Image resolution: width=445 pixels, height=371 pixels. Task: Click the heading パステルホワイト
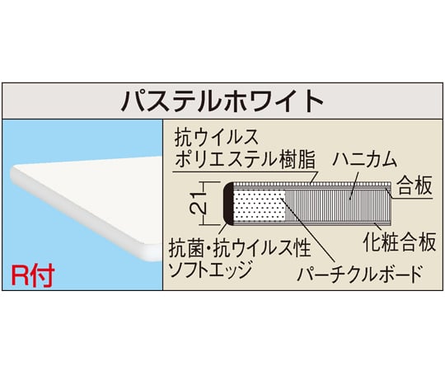(222, 101)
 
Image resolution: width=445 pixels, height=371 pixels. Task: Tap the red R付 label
(33, 276)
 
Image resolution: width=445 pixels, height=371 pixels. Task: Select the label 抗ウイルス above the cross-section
(216, 138)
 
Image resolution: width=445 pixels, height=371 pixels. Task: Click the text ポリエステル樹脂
(246, 159)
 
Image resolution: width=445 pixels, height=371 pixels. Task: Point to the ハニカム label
(365, 159)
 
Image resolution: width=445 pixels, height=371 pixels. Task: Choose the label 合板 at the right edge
(415, 185)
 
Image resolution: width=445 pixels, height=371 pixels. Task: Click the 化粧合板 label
(400, 242)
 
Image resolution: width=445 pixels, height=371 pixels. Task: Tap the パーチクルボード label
(360, 274)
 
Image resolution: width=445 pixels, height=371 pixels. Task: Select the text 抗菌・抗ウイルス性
(240, 248)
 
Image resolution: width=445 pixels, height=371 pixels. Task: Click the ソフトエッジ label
(210, 270)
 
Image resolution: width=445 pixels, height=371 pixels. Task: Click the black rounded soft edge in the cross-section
(228, 204)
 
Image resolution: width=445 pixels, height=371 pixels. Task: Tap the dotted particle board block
(260, 204)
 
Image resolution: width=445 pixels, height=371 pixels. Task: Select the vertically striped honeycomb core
(339, 204)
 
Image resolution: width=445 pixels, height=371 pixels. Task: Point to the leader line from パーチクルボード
(307, 229)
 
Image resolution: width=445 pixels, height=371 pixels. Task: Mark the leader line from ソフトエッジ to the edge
(223, 231)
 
